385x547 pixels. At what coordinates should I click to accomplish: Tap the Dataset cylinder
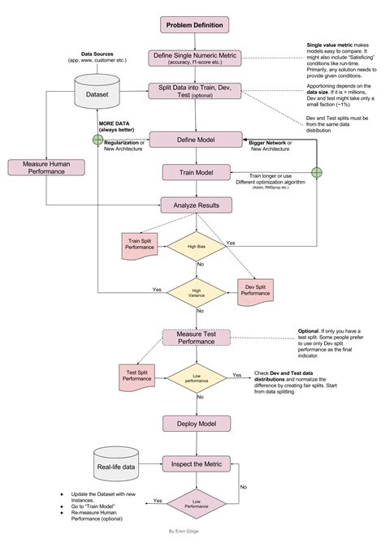click(x=96, y=93)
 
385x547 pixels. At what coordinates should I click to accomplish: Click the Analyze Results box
click(x=192, y=205)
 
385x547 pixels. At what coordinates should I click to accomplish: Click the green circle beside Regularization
click(x=98, y=140)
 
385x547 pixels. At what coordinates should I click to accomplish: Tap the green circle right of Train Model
click(x=317, y=172)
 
